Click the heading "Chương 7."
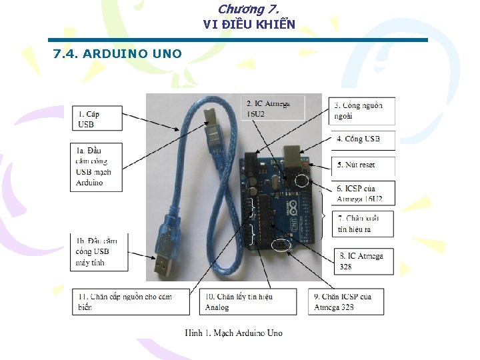[248, 9]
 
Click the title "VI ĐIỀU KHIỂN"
[249, 25]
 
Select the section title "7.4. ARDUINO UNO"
[117, 53]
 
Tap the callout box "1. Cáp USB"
[95, 119]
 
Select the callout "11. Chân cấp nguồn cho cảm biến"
[129, 302]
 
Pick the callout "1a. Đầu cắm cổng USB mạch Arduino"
[95, 167]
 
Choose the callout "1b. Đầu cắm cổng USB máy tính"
[95, 251]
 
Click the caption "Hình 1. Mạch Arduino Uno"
[234, 333]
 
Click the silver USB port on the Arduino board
[293, 155]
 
